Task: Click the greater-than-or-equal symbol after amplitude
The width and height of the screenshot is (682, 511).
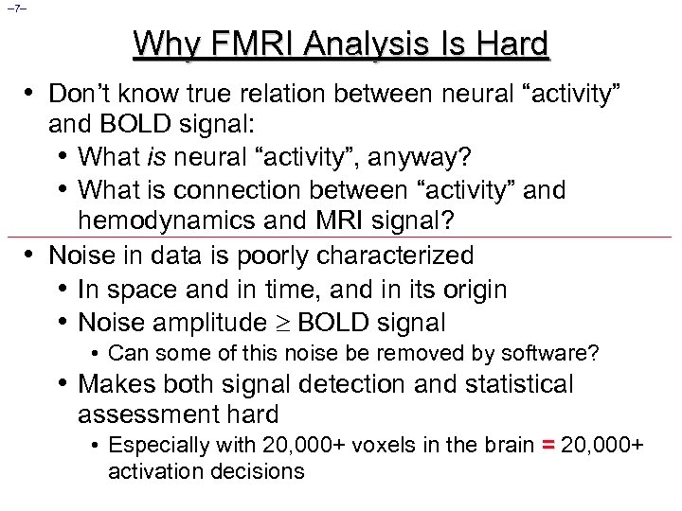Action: [x=282, y=324]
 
